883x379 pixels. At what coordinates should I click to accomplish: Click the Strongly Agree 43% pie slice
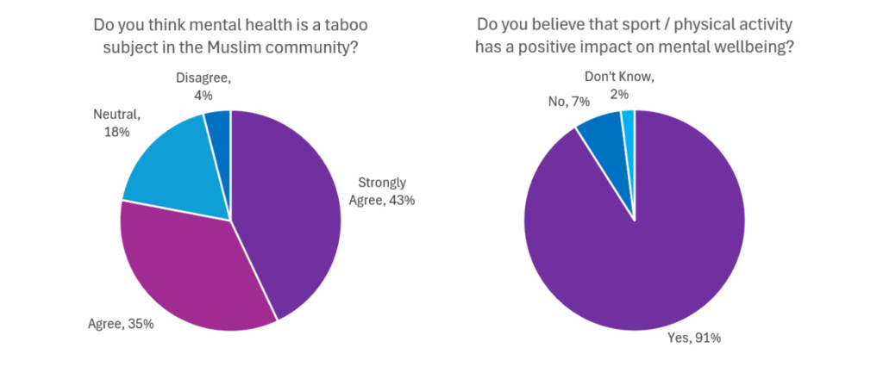(x=289, y=207)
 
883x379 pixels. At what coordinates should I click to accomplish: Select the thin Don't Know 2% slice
(x=629, y=125)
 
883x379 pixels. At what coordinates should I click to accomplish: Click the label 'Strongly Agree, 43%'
(x=386, y=191)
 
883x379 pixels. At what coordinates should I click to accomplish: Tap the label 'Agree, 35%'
(x=121, y=325)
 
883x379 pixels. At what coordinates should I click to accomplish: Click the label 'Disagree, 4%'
(x=204, y=85)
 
